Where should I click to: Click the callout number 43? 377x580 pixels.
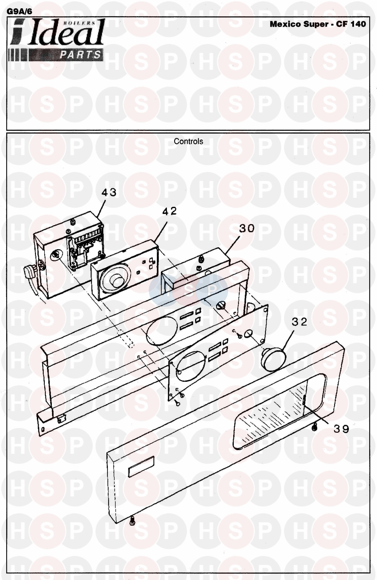tap(109, 192)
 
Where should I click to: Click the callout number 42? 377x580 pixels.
tap(169, 211)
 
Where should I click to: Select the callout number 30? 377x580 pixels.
tap(247, 228)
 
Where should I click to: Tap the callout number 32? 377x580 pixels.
tap(299, 322)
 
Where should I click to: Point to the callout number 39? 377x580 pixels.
tap(341, 429)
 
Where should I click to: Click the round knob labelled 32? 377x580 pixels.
tap(274, 358)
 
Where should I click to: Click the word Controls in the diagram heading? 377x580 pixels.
tap(189, 141)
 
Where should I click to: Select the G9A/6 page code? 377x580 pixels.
tap(19, 11)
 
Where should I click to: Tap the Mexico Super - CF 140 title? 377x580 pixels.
tap(318, 24)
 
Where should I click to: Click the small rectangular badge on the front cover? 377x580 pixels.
tap(141, 467)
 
